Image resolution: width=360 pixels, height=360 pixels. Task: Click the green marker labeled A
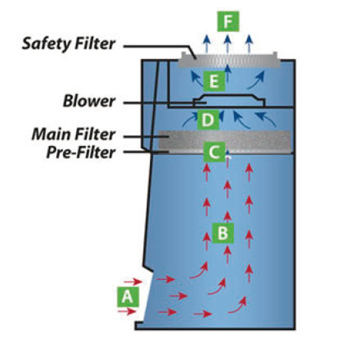128,297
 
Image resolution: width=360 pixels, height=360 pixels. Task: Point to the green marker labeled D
207,121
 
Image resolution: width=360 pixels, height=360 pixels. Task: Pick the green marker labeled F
227,21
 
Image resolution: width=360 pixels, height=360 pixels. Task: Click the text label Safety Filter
69,44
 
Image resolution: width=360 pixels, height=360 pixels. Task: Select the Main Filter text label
73,134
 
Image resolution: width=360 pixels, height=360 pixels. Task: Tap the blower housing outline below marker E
229,100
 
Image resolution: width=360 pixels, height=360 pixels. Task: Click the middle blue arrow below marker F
228,43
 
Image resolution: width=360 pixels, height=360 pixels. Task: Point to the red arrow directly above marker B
228,215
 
